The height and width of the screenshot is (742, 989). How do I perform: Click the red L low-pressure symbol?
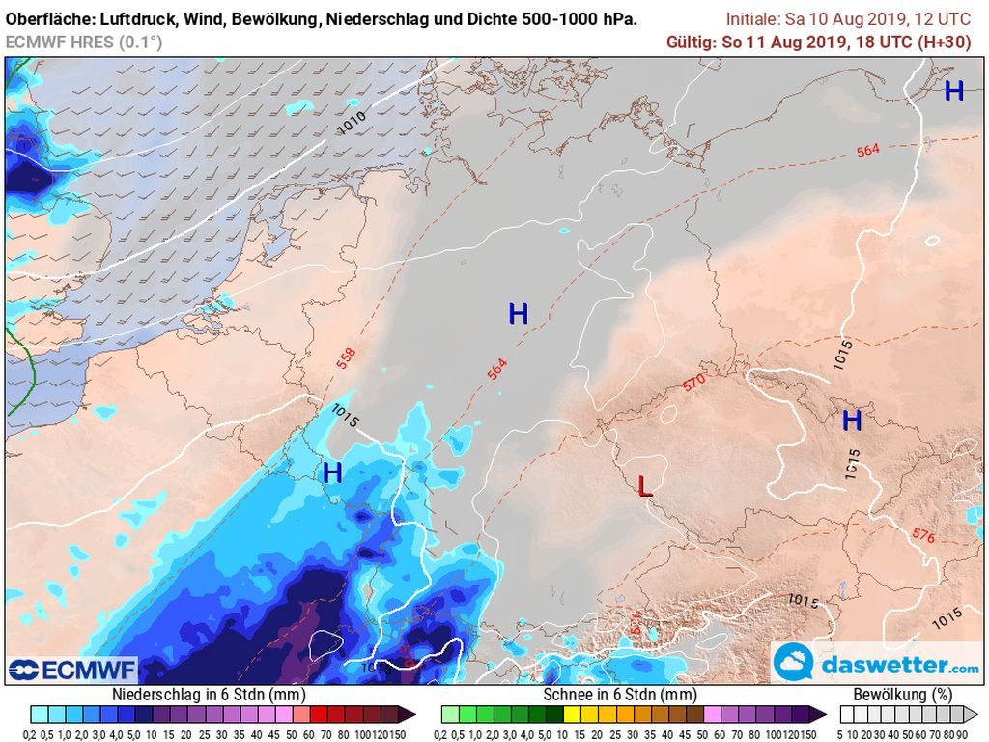point(645,486)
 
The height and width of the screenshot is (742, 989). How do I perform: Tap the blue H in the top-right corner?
point(953,92)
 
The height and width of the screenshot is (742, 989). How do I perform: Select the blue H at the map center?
point(519,313)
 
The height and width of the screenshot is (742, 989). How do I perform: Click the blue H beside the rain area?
point(332,473)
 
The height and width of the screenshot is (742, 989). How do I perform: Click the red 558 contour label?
point(346,357)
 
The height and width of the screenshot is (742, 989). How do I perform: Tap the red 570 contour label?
point(693,383)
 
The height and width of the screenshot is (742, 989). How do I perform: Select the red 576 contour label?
point(922,535)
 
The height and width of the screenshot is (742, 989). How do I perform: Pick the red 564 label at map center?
point(496,368)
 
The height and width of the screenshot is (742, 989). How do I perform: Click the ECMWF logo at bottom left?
point(72,670)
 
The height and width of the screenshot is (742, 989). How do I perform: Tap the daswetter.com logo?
point(877,665)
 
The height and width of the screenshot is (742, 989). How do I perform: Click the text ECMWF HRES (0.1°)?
point(84,42)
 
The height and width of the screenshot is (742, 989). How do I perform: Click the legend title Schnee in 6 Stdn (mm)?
point(620,694)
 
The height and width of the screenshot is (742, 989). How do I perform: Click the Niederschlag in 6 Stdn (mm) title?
point(210,694)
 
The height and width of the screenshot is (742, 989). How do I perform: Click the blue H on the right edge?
point(851,420)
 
